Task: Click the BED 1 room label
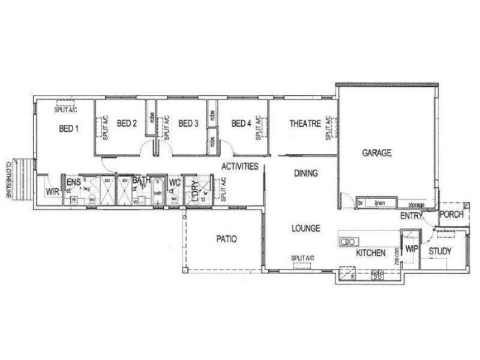tap(69, 128)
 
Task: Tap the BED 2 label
tap(127, 124)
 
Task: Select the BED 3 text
tap(188, 124)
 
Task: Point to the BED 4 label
tap(241, 124)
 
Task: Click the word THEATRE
tap(305, 124)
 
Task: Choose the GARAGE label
tap(377, 153)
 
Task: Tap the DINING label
tap(306, 174)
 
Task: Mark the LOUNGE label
tap(306, 229)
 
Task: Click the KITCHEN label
tap(371, 253)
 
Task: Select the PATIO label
tap(226, 239)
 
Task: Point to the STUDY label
tap(440, 251)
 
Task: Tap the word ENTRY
tap(412, 216)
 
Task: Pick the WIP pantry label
tap(411, 247)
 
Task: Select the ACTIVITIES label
tap(240, 166)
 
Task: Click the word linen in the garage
tap(379, 203)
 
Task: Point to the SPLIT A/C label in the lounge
tap(303, 258)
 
